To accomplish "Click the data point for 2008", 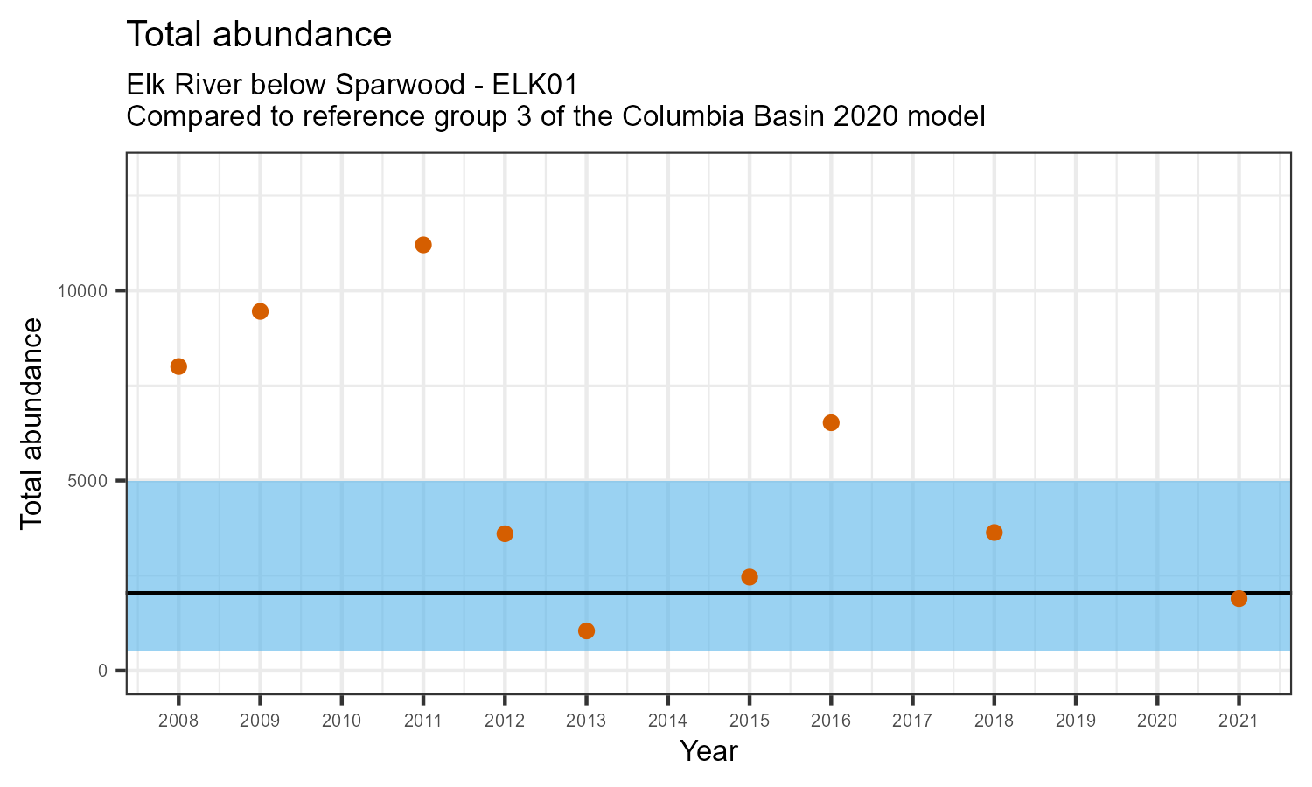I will (x=178, y=366).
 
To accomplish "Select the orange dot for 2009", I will (x=260, y=311).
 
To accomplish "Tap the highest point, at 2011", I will (x=423, y=245).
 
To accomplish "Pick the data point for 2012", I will (x=505, y=533).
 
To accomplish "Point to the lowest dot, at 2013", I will (x=586, y=631).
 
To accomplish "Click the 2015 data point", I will (x=750, y=577).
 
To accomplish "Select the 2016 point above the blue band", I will (x=831, y=423).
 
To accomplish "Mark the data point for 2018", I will (x=994, y=533).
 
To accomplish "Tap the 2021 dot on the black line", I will (x=1239, y=599).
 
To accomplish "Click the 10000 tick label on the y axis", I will (x=88, y=291).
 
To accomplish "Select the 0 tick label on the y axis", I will (x=102, y=671).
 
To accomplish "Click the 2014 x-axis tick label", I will (x=667, y=721).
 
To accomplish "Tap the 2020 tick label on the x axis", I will (x=1157, y=721).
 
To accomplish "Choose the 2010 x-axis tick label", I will (x=341, y=721).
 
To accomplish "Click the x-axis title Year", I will (x=708, y=751).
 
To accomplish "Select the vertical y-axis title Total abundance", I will (x=31, y=423).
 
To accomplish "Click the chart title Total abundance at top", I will (x=259, y=35).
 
